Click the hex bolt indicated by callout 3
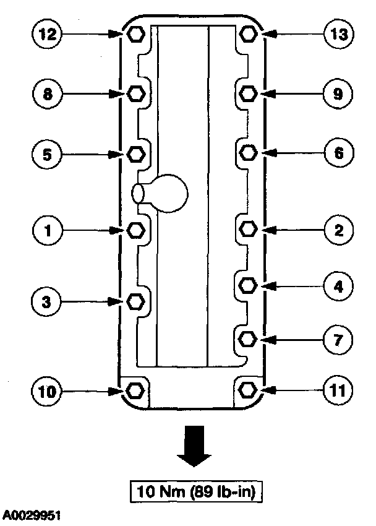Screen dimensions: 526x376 point(135,301)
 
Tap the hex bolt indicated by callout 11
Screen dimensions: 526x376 point(247,390)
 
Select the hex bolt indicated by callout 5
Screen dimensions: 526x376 point(135,152)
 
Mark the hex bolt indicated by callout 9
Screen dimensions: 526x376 point(247,93)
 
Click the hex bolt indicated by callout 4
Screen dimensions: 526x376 point(247,285)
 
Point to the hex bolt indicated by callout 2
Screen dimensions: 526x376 point(247,230)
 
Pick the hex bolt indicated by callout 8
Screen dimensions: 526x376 point(135,93)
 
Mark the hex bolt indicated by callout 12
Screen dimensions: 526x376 point(135,35)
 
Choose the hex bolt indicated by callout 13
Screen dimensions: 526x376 point(247,35)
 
